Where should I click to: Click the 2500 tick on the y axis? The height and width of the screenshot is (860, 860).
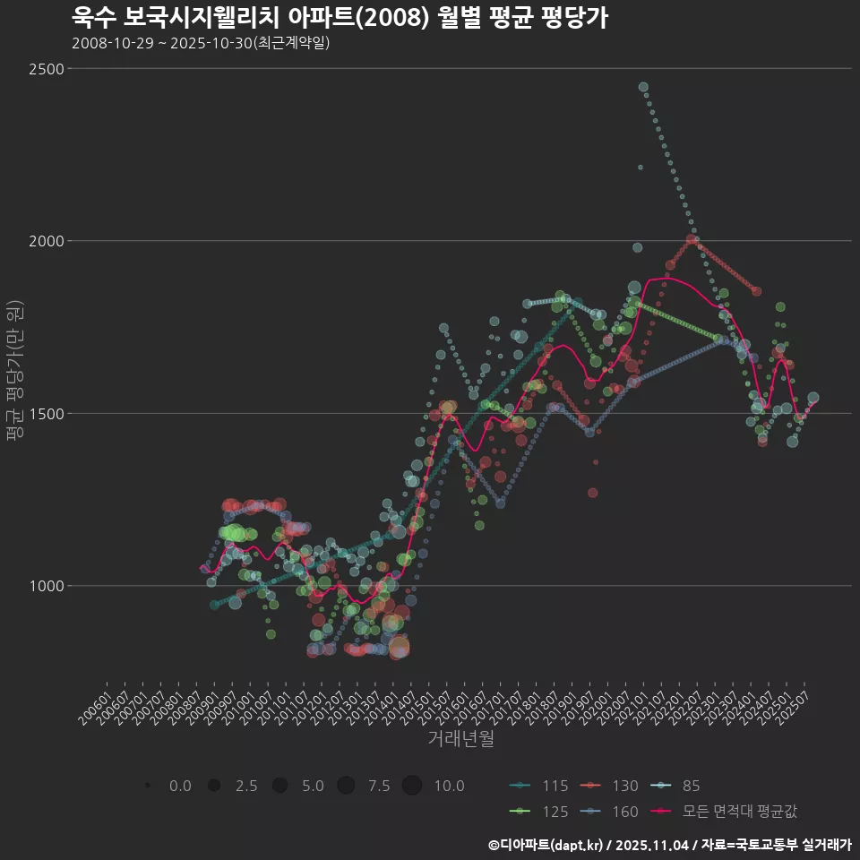[x=46, y=69]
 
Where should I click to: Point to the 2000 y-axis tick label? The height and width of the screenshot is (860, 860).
[x=46, y=241]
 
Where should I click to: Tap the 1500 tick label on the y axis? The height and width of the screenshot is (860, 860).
[x=46, y=414]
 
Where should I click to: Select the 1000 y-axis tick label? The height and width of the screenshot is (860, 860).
[x=46, y=586]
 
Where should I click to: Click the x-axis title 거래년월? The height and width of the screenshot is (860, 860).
[x=460, y=739]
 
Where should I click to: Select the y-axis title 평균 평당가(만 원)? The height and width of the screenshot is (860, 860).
[x=14, y=370]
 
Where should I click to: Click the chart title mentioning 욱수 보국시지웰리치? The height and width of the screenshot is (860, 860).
[x=340, y=17]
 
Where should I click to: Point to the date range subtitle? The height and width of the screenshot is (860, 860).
[x=201, y=43]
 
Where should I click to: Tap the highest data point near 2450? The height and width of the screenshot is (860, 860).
[x=643, y=87]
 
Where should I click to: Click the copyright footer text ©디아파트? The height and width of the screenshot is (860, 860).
[x=669, y=845]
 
